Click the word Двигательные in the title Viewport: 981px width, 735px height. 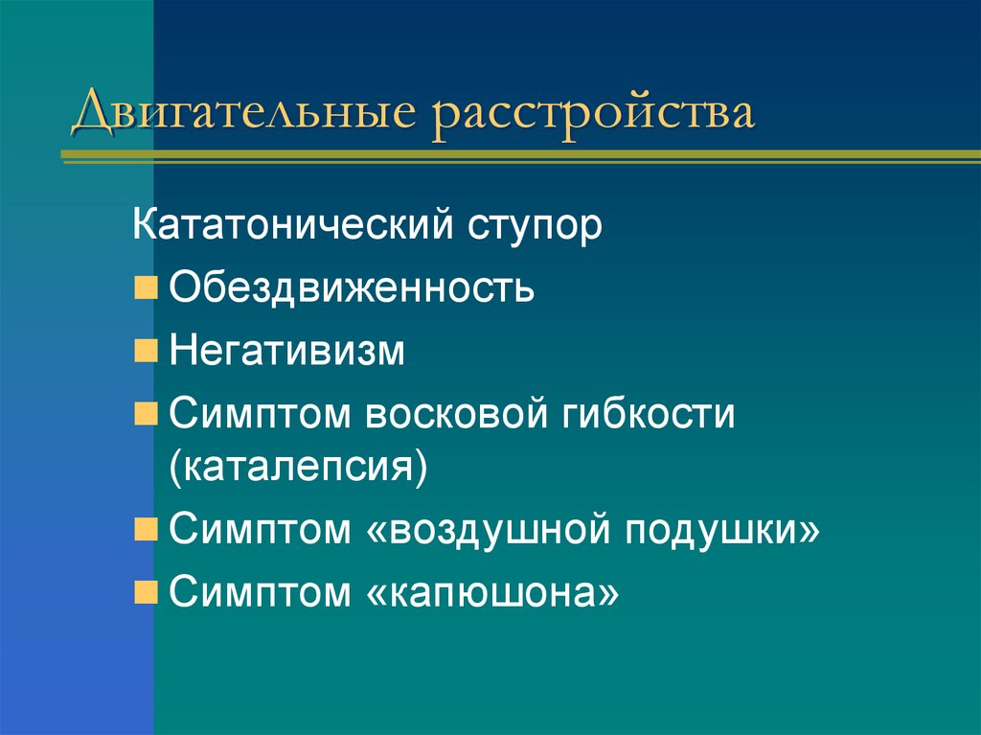[x=243, y=112]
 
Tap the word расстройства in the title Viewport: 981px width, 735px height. [x=592, y=112]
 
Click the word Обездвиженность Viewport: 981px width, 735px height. [x=352, y=287]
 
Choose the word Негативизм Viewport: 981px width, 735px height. [x=287, y=350]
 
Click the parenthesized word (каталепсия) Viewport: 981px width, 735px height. [x=298, y=470]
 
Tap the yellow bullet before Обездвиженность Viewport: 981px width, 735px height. [x=146, y=288]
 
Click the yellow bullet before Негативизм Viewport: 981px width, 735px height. [x=146, y=351]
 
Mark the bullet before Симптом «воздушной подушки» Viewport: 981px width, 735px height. [x=146, y=530]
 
